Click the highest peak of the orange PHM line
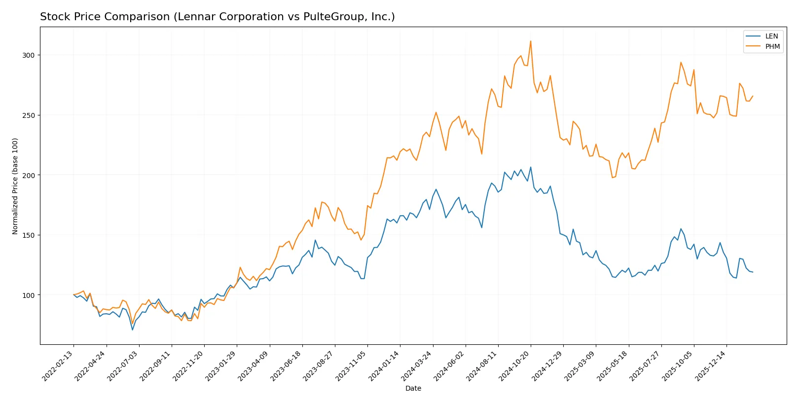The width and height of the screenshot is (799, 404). click(x=531, y=41)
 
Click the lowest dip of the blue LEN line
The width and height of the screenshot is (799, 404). click(x=132, y=330)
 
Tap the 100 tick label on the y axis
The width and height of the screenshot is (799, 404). click(x=29, y=295)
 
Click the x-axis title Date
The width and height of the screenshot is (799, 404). click(x=413, y=388)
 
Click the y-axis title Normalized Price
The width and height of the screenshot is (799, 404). click(x=15, y=186)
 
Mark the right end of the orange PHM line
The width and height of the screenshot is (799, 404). click(x=753, y=96)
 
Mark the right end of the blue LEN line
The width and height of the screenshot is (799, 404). click(x=753, y=272)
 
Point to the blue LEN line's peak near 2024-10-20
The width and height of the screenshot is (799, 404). click(x=531, y=167)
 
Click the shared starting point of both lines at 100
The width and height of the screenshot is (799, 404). click(x=73, y=295)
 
